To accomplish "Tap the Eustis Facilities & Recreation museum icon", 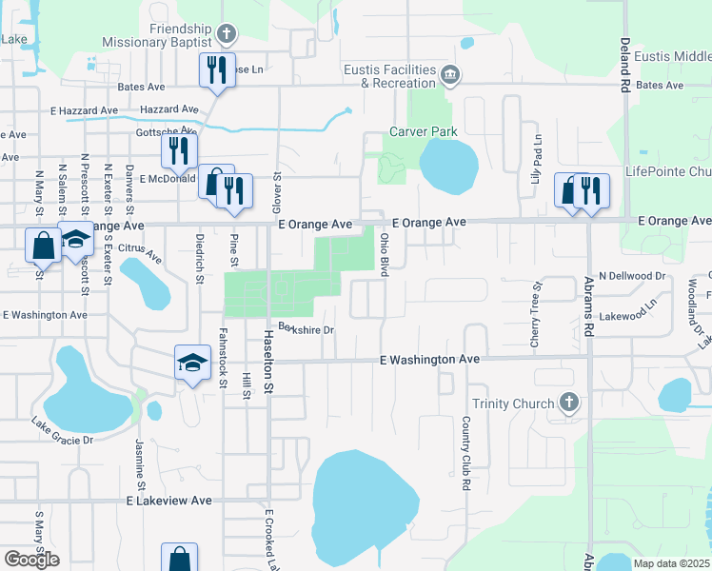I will (451, 73).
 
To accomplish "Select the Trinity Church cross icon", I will (569, 403).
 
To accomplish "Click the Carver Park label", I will (423, 132).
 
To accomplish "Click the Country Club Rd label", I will (466, 452).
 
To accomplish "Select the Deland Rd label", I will (625, 64).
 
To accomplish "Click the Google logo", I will (31, 559).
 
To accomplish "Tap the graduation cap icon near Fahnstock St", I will (192, 363).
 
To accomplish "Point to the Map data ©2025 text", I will (671, 563).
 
